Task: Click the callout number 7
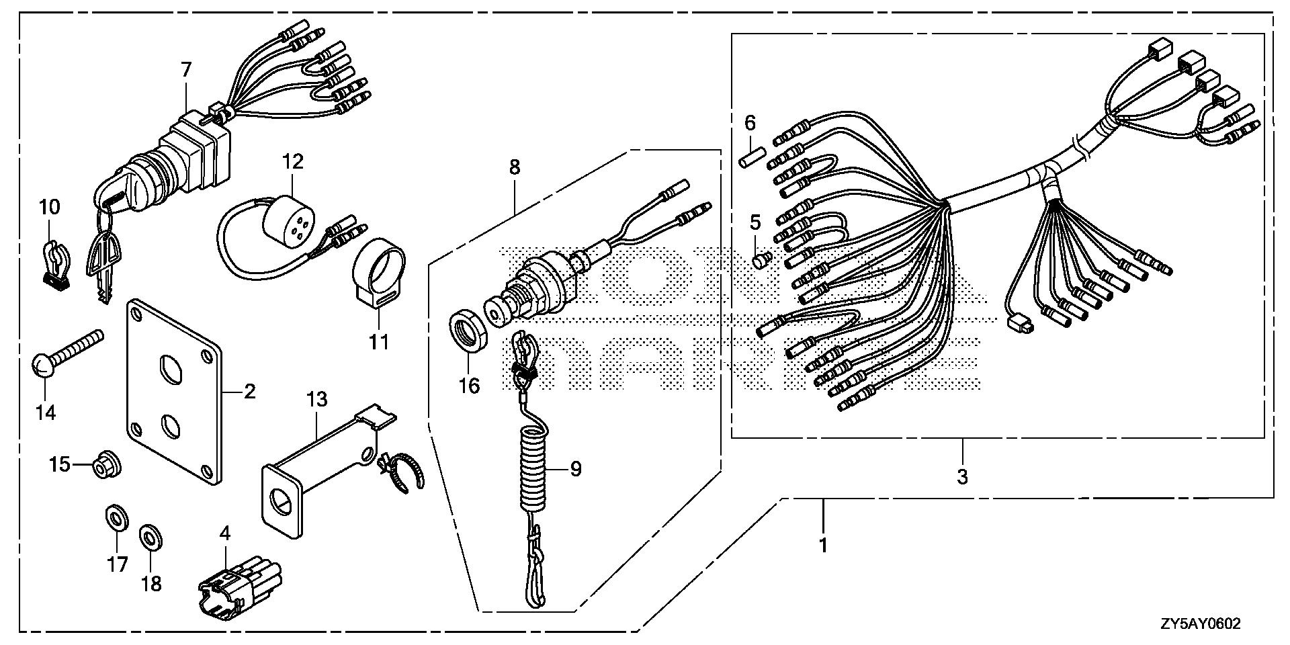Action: [186, 69]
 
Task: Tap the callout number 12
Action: [293, 161]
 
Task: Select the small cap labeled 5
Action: [761, 259]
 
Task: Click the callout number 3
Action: [962, 477]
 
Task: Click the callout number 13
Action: [316, 399]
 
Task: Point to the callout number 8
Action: [515, 167]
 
